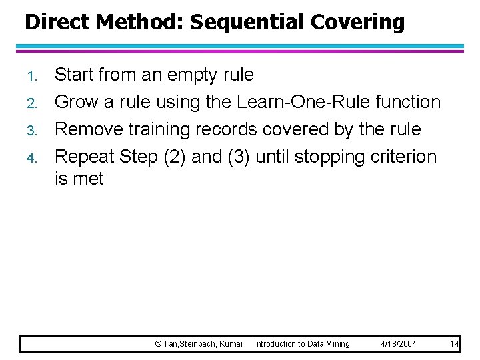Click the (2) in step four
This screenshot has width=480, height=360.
[x=172, y=157]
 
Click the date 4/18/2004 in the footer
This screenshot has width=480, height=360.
[x=399, y=344]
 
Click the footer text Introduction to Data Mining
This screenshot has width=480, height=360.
[x=302, y=344]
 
